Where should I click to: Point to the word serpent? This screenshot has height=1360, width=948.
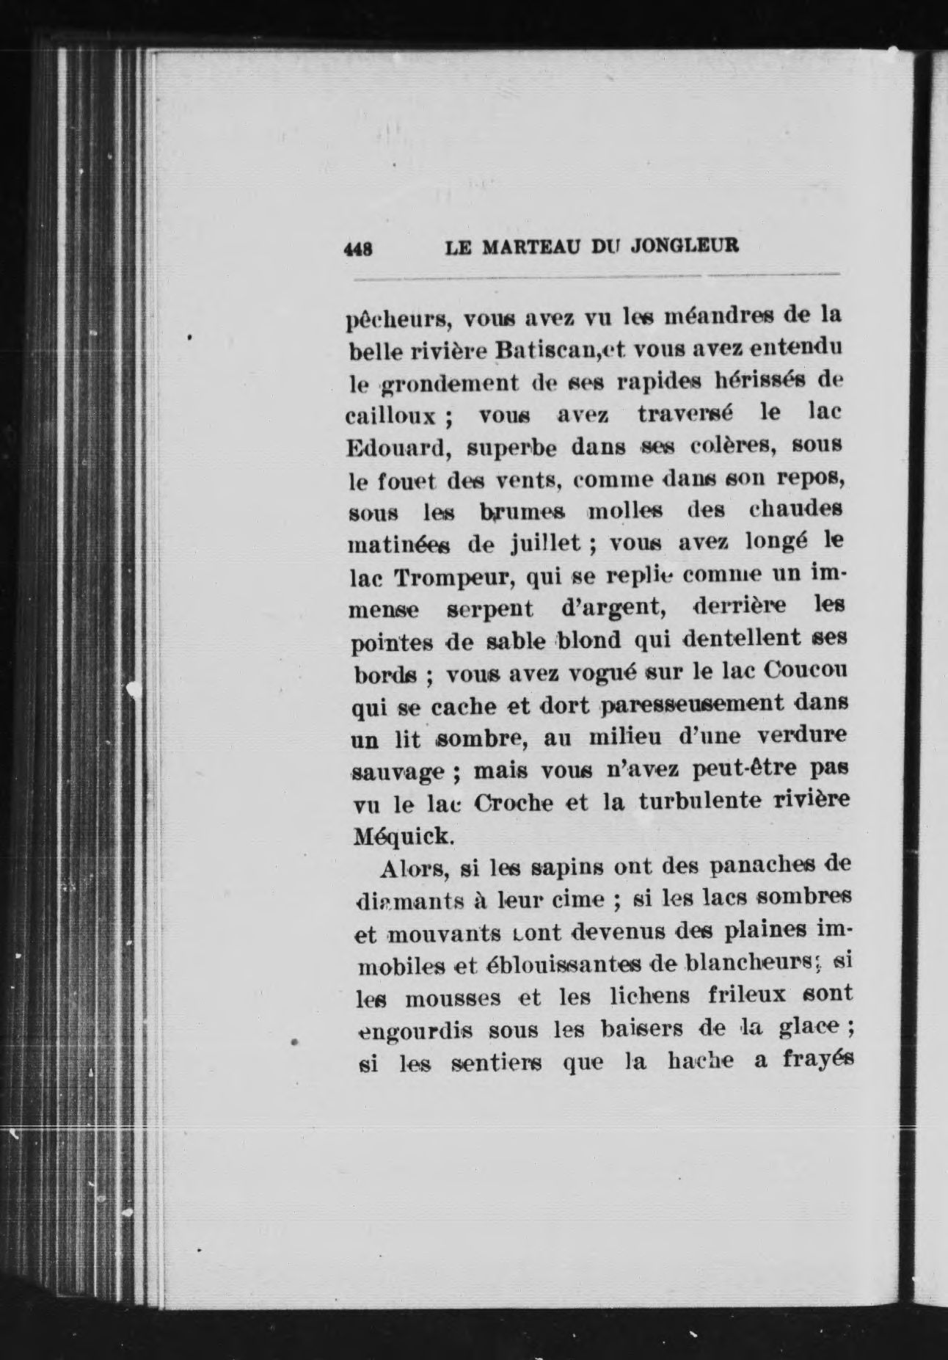coord(490,609)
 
